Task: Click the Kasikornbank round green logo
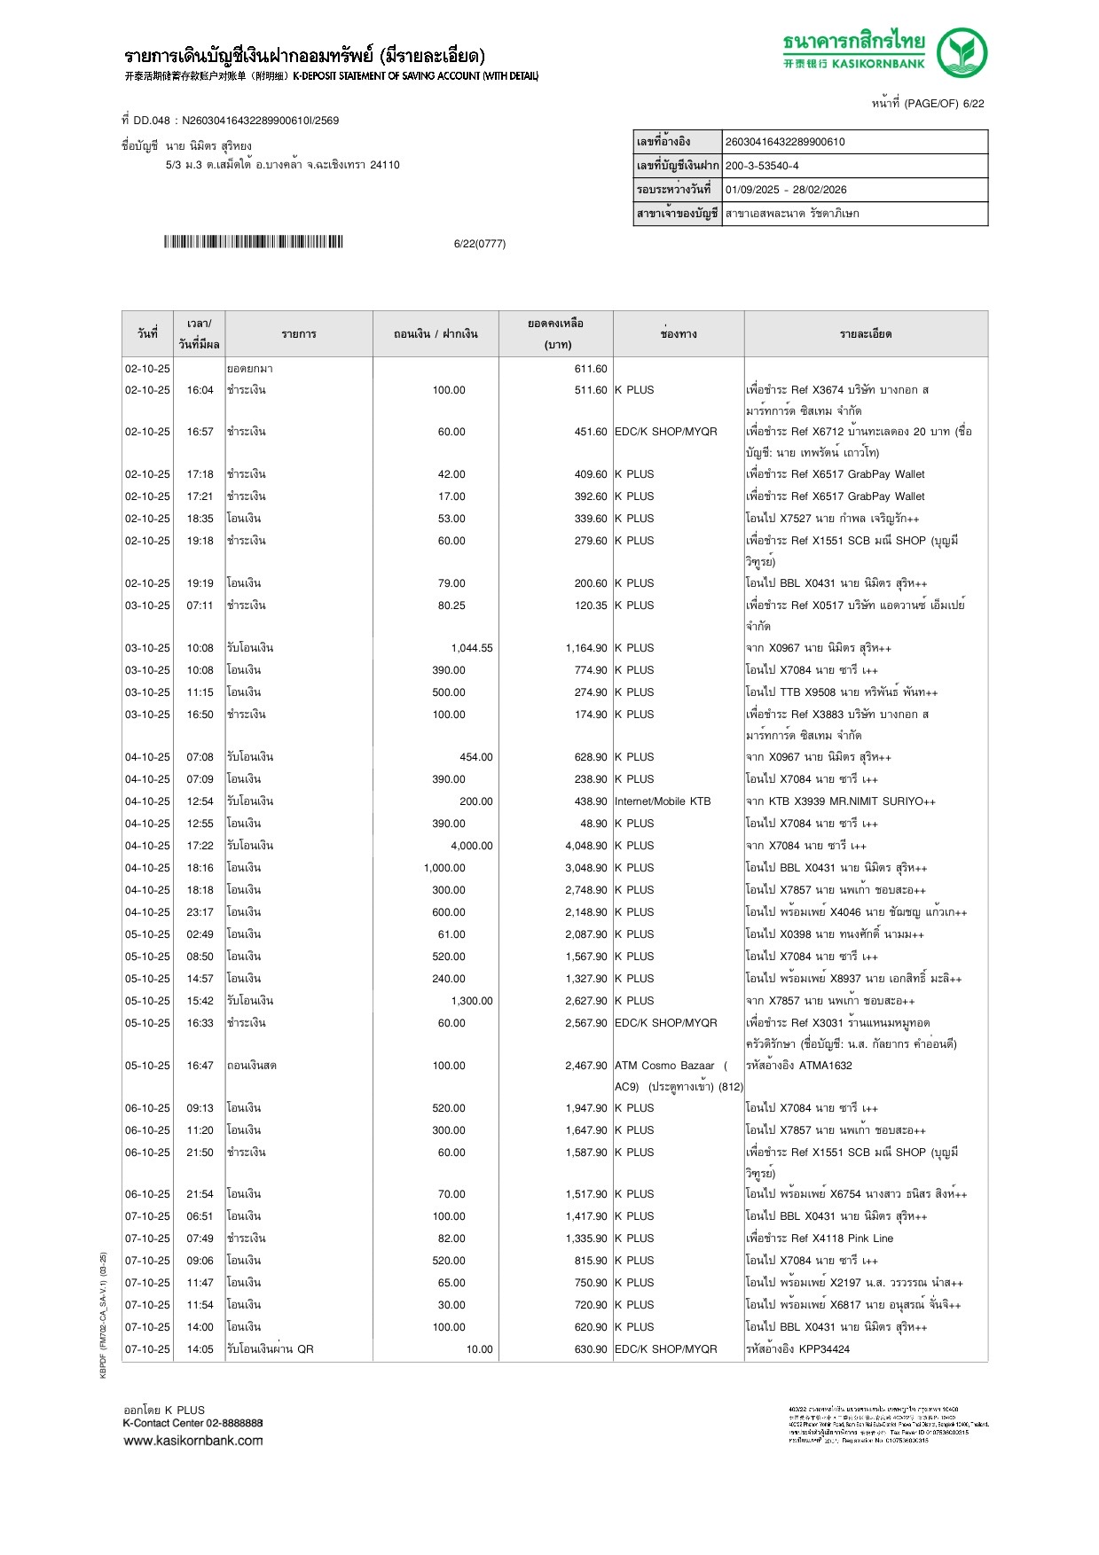tap(962, 52)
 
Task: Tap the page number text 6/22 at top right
tap(973, 104)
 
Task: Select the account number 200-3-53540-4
tap(762, 166)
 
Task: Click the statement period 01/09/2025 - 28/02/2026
tap(786, 190)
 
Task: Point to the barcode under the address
tap(253, 242)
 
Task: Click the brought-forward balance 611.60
tap(591, 369)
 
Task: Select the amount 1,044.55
tap(471, 648)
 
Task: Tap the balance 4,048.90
tap(586, 846)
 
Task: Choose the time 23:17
tap(200, 912)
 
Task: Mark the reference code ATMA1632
tap(825, 1066)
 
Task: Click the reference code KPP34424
tap(824, 1349)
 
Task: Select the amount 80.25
tap(451, 606)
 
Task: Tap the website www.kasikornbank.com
tap(193, 1441)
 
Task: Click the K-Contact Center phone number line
tap(192, 1423)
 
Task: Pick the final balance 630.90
tap(591, 1349)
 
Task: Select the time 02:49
tap(200, 934)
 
